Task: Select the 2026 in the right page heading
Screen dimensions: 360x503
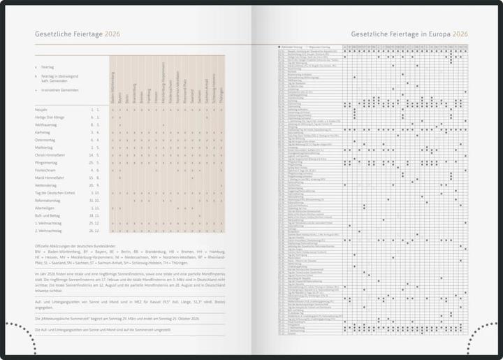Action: [x=460, y=34]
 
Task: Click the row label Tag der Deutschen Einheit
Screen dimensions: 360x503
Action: [x=60, y=192]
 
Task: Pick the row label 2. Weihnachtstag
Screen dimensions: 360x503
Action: [x=51, y=230]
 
